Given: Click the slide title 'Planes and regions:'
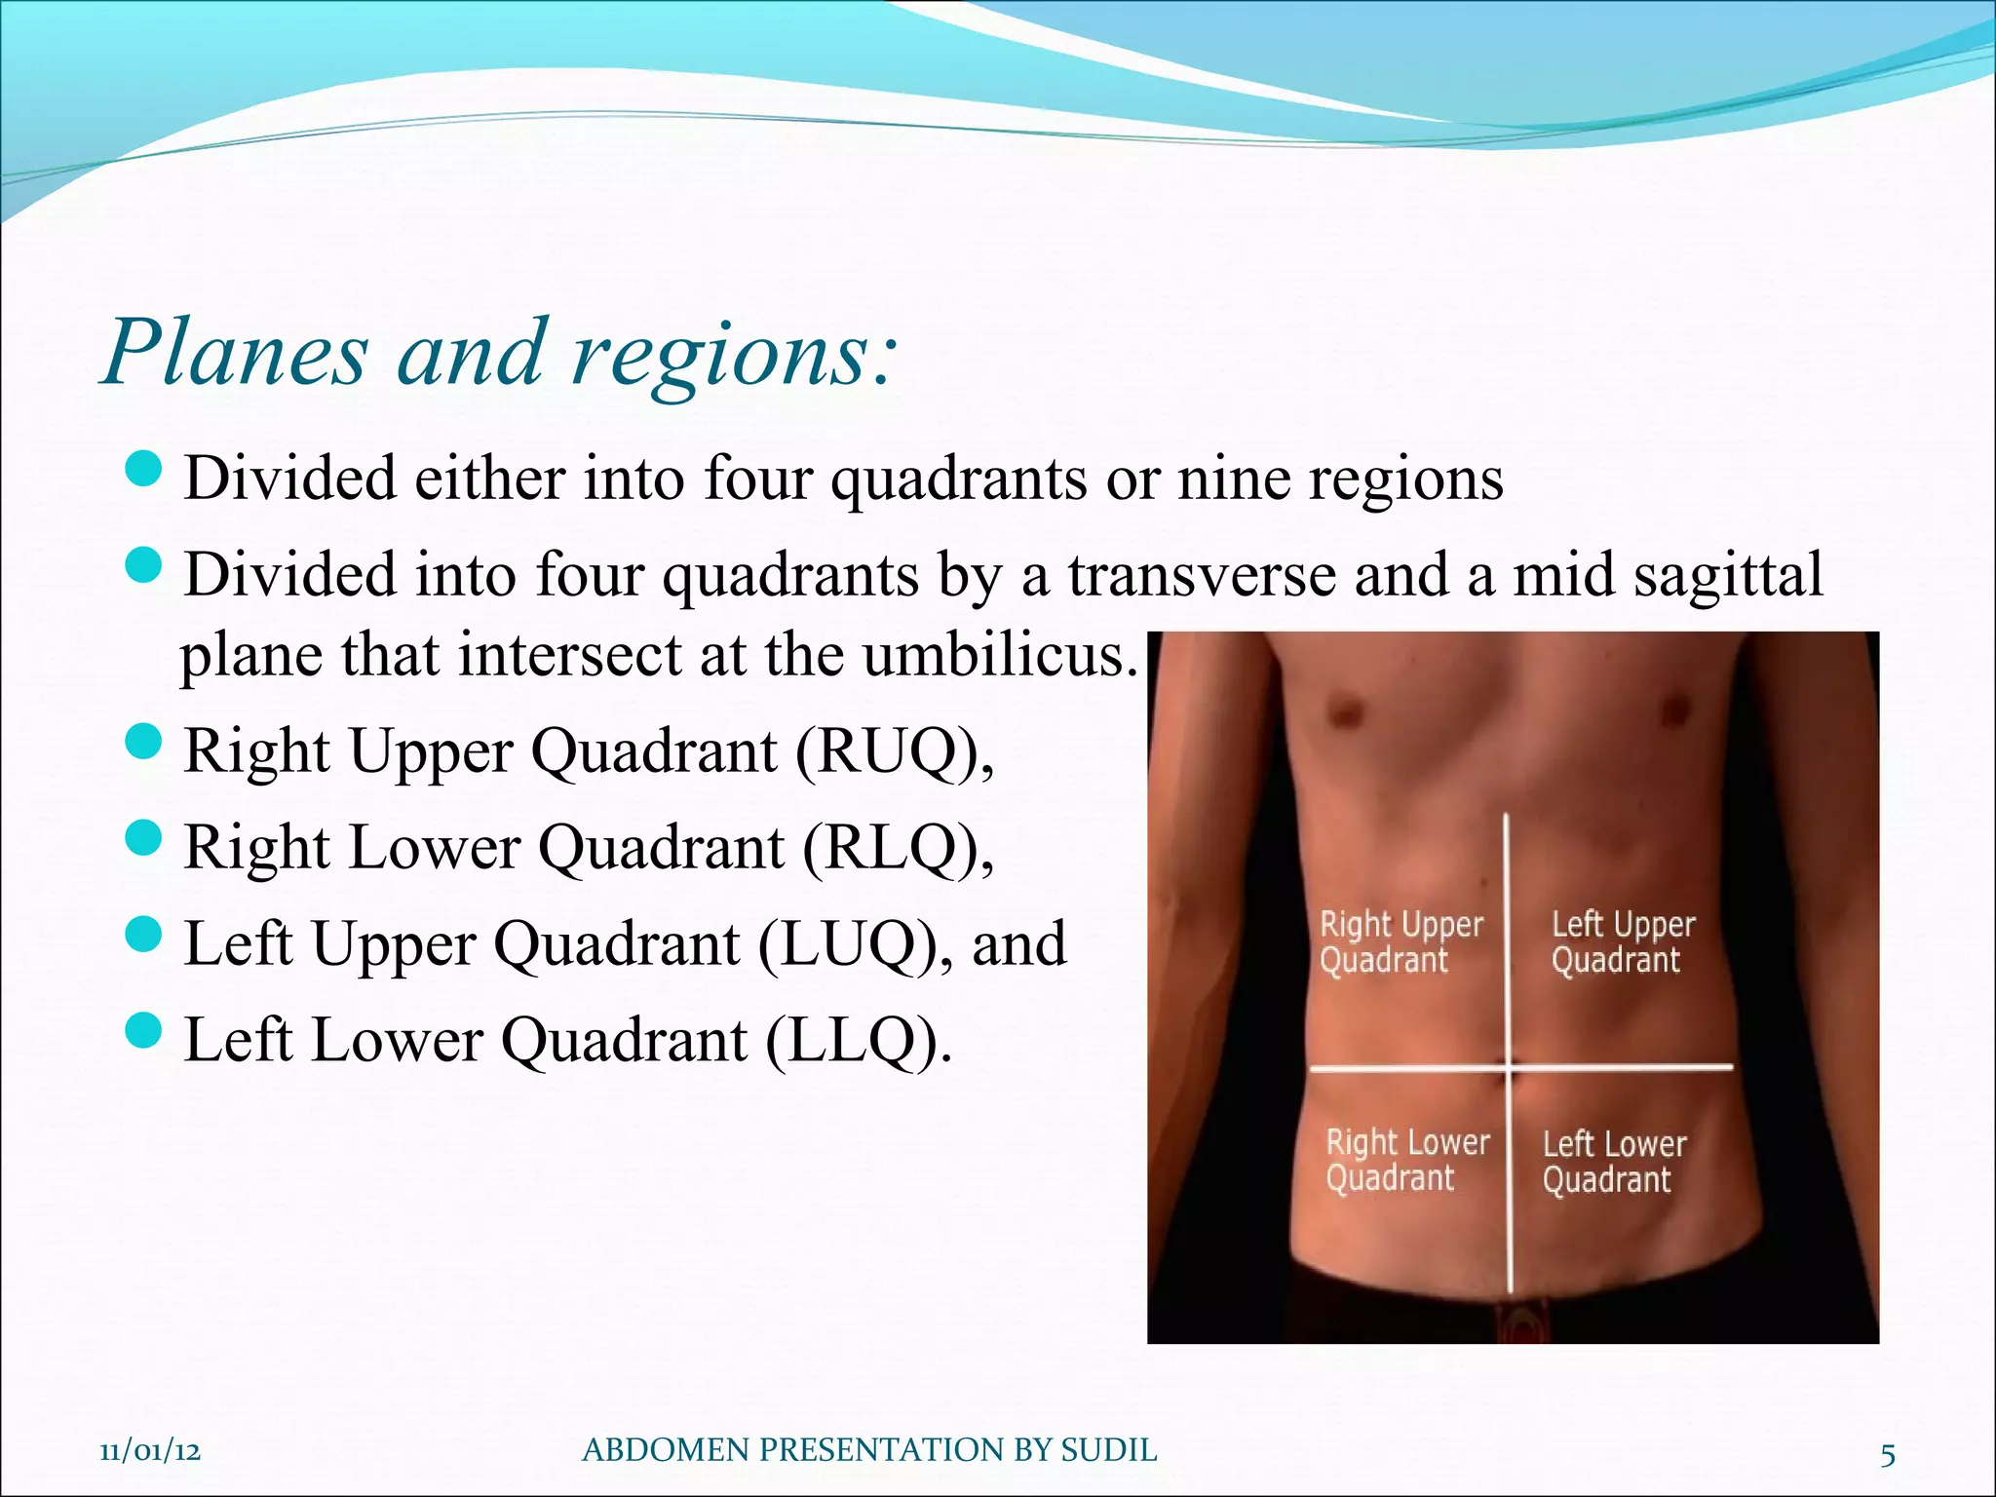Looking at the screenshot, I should click(x=497, y=353).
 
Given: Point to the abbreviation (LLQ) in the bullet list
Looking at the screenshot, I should click(x=852, y=1040).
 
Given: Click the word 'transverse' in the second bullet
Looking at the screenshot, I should click(x=1203, y=575).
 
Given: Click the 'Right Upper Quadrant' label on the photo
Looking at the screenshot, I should click(x=1400, y=941).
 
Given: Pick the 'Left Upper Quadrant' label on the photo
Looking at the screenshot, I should click(x=1623, y=941).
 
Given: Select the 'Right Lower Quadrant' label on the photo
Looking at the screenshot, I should click(x=1406, y=1160).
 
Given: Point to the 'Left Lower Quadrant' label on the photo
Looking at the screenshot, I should click(x=1613, y=1161).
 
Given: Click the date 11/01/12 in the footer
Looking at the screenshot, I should click(x=150, y=1451).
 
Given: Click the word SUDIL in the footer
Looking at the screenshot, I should click(x=1108, y=1451).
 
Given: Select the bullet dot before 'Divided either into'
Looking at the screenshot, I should click(x=143, y=470).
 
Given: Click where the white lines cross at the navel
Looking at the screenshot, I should click(x=1510, y=1069).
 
